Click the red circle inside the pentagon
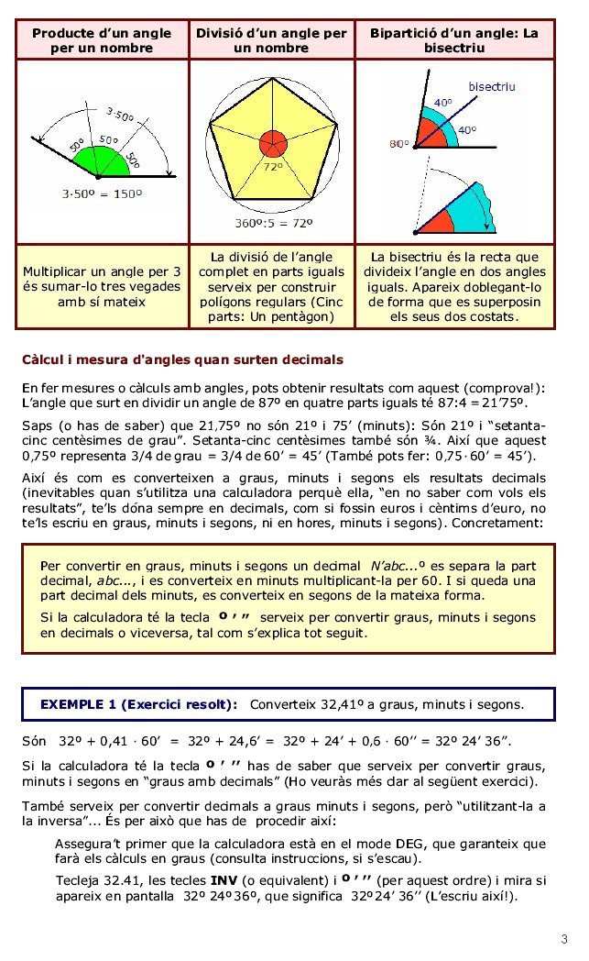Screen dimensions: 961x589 tap(272, 144)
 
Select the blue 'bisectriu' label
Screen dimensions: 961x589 tap(492, 86)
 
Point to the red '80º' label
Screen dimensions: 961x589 tap(398, 144)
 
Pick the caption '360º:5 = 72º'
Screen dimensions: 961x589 tap(272, 223)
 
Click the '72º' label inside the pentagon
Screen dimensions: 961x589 tap(273, 169)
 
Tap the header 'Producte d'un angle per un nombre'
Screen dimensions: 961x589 tap(102, 39)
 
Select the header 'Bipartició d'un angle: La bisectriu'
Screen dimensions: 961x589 tap(454, 39)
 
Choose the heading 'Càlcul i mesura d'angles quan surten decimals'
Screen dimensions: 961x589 tap(182, 358)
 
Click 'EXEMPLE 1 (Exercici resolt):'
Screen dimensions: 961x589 tap(138, 704)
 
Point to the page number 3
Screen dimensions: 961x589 tap(564, 939)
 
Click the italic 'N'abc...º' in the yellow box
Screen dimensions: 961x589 tap(400, 565)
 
